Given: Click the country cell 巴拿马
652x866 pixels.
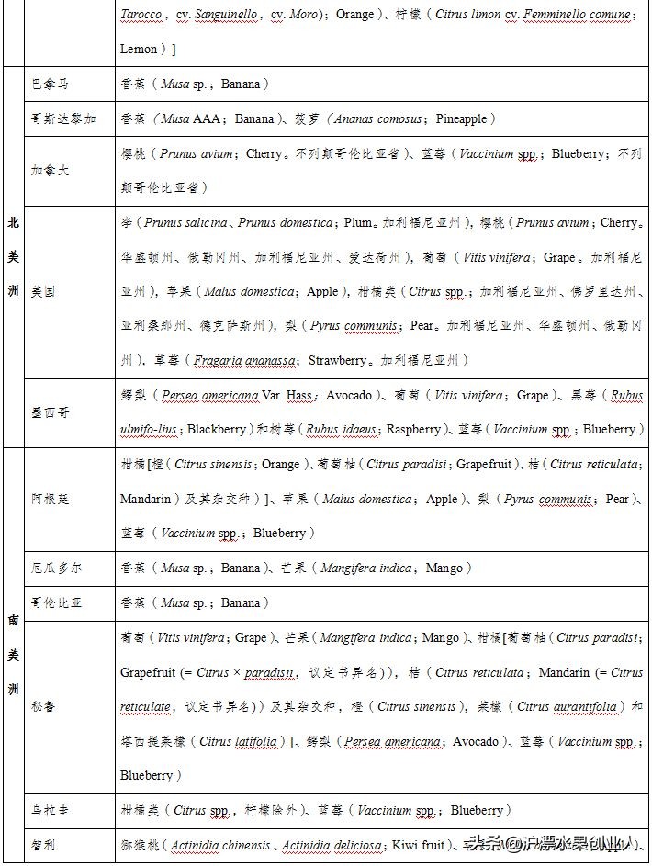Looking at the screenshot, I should pos(50,84).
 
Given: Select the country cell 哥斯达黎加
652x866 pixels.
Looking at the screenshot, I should pos(62,119).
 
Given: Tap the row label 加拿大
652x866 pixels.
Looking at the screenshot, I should pos(50,171).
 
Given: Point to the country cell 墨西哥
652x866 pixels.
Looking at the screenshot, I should pos(50,412).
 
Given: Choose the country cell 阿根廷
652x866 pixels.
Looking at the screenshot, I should pos(50,499).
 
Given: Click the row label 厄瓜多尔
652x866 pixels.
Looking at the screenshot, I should pos(56,568).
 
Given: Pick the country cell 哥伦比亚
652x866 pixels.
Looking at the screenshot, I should pos(56,603).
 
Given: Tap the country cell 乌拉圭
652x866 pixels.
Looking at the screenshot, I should pos(50,811).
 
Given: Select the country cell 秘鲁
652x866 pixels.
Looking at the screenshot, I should pos(43,707).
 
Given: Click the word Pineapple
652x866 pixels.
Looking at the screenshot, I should pos(466,119).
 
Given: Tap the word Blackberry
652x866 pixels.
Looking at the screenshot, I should pos(217,430).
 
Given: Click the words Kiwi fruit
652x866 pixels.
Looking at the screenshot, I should pos(418,845).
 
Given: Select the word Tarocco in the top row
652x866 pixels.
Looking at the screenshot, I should pos(141,15).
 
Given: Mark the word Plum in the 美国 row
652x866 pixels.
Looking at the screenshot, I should pos(358,223).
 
